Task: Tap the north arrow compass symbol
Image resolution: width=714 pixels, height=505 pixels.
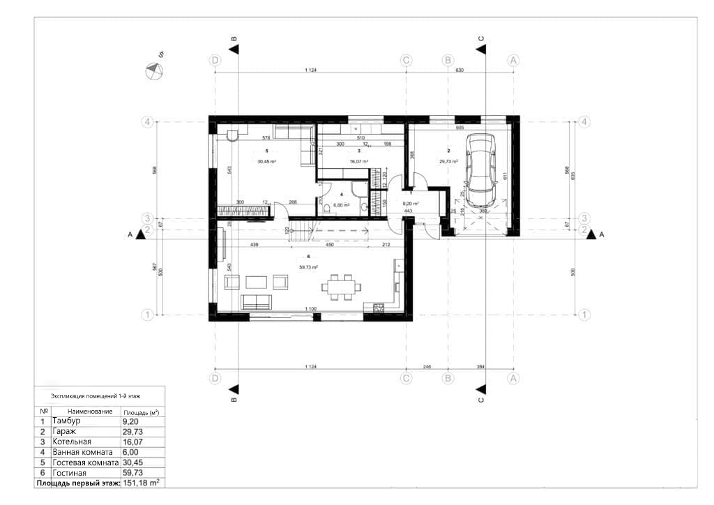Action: (153, 71)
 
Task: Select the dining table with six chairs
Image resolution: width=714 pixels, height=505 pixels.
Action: (341, 285)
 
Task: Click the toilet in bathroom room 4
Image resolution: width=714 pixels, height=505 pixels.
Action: (328, 206)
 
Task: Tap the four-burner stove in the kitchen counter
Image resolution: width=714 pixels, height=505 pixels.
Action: (379, 307)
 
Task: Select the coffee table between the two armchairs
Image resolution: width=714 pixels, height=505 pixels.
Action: (257, 282)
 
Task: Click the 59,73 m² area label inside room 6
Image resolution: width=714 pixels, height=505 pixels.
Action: (309, 267)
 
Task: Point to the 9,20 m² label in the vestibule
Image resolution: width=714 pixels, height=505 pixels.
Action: (411, 204)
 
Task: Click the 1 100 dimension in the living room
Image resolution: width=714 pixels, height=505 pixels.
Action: (311, 308)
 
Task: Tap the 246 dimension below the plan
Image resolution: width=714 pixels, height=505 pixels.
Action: (427, 366)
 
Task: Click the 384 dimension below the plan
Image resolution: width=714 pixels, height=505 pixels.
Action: (480, 366)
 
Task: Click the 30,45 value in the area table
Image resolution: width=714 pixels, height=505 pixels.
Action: (132, 462)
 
